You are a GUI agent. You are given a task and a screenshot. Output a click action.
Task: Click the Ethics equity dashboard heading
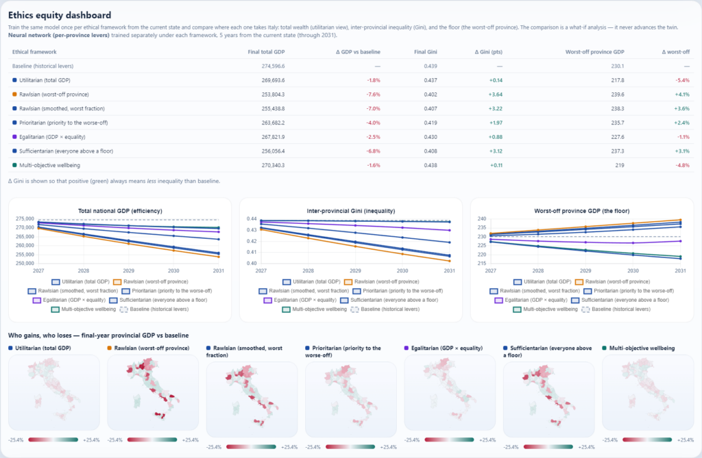(x=60, y=15)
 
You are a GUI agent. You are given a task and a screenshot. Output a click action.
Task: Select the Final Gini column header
(x=425, y=52)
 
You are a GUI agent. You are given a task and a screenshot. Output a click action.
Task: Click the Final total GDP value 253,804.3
(x=273, y=94)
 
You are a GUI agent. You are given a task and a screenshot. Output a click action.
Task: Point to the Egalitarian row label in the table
(x=52, y=137)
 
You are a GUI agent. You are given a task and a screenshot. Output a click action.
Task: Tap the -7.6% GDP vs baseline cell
(x=374, y=94)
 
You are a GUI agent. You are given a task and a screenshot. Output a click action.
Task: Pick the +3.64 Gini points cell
(x=495, y=94)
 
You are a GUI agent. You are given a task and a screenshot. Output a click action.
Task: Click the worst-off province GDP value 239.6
(x=618, y=94)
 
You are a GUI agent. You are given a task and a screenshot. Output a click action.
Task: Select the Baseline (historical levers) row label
(x=43, y=66)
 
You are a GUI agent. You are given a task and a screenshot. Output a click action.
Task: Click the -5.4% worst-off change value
(x=682, y=81)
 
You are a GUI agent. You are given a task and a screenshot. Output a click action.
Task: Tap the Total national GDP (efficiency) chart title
(x=120, y=211)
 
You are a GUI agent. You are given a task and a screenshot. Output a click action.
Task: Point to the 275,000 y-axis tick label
(x=25, y=218)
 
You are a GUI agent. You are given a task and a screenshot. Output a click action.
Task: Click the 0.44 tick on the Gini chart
(x=252, y=218)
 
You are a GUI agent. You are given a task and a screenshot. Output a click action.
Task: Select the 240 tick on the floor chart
(x=482, y=218)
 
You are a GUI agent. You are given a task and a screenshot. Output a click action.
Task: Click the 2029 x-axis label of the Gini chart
(x=355, y=270)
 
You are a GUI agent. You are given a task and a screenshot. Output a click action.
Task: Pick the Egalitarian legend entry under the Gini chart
(x=300, y=300)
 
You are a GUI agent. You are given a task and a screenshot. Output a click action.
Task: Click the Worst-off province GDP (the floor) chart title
(x=581, y=211)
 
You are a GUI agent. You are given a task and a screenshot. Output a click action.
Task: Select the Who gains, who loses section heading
(x=99, y=335)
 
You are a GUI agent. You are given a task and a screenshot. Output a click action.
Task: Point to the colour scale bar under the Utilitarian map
(x=53, y=440)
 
